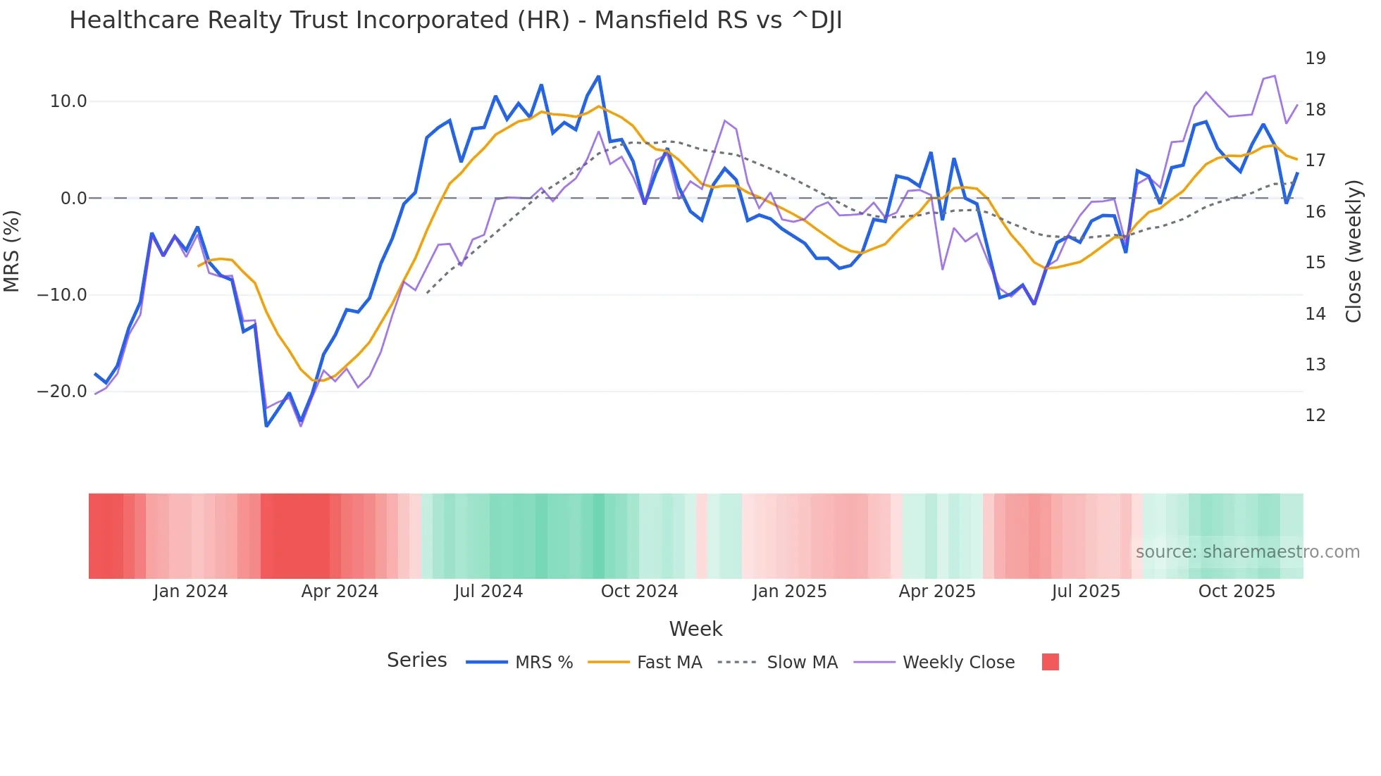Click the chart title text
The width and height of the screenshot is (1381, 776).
coord(455,20)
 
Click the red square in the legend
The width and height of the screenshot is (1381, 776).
coord(1050,662)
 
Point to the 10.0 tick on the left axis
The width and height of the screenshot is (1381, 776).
coord(68,101)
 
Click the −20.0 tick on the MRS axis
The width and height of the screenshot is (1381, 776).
coord(62,392)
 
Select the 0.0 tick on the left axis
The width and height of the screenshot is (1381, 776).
coord(73,199)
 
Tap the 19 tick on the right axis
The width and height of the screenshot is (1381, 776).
coord(1315,58)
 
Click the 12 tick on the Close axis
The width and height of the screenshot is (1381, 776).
coord(1315,415)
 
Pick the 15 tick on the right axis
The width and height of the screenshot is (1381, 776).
coord(1315,263)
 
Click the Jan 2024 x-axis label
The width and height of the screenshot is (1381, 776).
coord(190,592)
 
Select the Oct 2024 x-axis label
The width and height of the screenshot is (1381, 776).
coord(639,592)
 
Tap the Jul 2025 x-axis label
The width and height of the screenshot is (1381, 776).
coord(1086,592)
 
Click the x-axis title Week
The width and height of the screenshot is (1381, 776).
coord(695,629)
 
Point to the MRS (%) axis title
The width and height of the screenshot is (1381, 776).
coord(12,251)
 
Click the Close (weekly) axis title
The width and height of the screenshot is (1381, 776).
coord(1354,251)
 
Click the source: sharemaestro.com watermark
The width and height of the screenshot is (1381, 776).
coord(1247,552)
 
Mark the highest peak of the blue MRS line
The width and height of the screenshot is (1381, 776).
coord(599,76)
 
